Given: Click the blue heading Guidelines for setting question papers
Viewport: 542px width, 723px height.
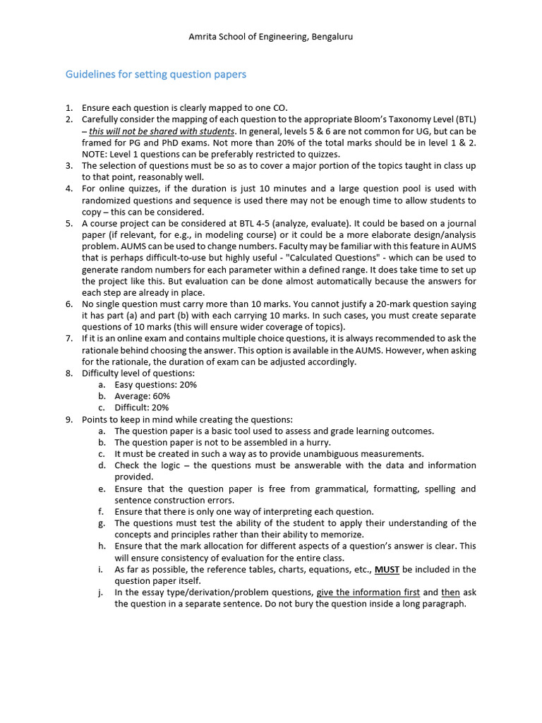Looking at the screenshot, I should (156, 74).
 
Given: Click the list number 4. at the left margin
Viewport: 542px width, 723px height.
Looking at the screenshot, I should (69, 189).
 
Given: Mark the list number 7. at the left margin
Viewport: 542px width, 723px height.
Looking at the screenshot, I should (69, 338).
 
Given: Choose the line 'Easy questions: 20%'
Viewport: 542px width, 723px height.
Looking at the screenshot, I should (155, 385).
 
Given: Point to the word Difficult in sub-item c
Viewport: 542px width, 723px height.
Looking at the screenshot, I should (132, 407).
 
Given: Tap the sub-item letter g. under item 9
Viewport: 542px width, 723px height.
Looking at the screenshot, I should (102, 523).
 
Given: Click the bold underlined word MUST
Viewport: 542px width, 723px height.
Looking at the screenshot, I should (387, 569).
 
